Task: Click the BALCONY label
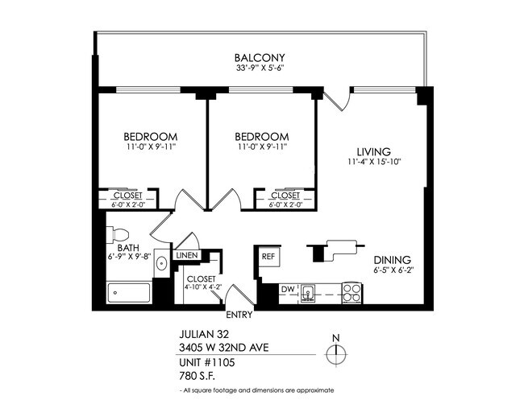(260, 57)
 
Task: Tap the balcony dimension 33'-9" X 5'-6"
(260, 68)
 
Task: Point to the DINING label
(393, 260)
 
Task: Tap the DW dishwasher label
(287, 289)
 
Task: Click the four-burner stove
(351, 291)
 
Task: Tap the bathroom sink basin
(161, 263)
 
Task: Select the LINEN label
(187, 255)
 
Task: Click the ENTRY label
(239, 315)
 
